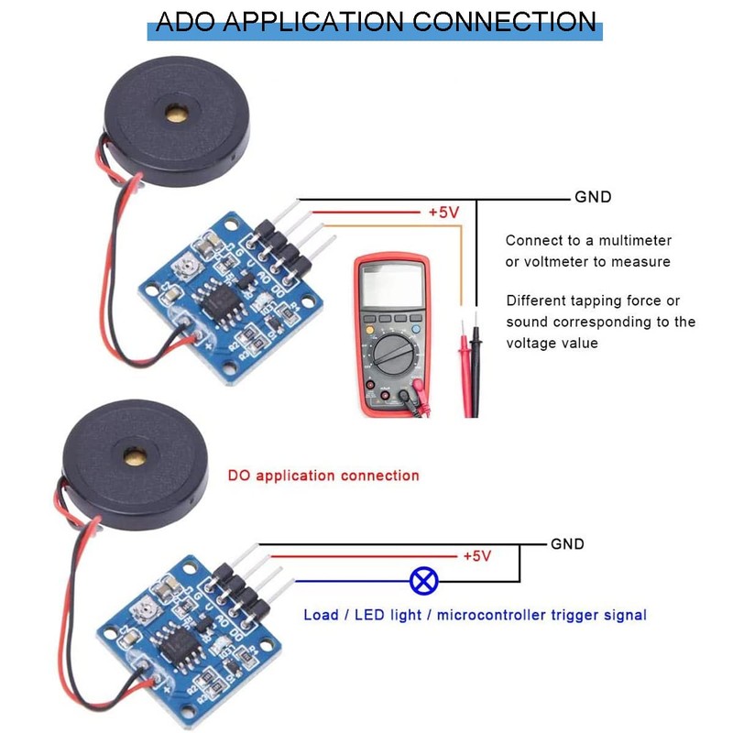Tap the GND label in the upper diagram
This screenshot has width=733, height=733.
pos(593,197)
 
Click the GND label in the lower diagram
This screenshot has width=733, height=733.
pos(567,543)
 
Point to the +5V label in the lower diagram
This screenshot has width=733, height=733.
pos(477,556)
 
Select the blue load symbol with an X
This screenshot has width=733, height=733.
pos(423,580)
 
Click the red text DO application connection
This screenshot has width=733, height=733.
pos(323,476)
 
